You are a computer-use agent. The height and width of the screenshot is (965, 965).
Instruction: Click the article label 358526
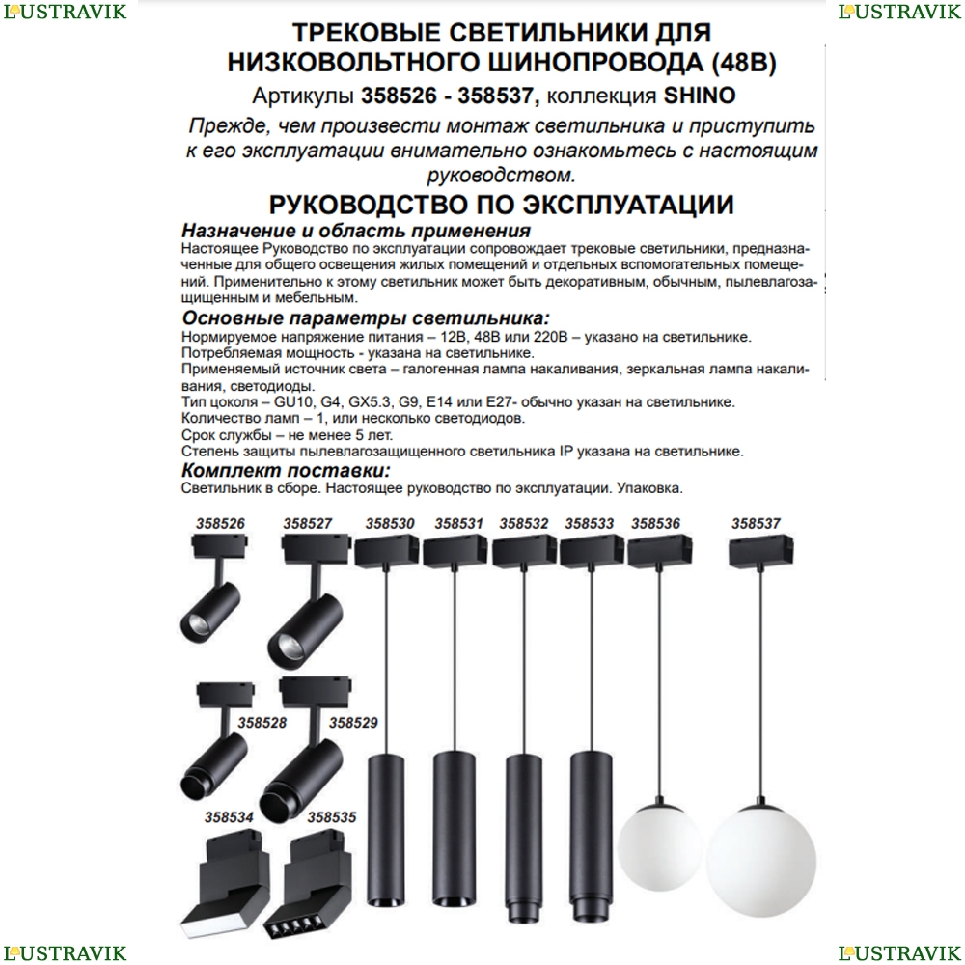tap(220, 524)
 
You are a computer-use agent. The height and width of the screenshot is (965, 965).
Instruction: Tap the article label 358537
tap(756, 524)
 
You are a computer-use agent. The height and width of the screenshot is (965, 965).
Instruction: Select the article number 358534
tap(229, 817)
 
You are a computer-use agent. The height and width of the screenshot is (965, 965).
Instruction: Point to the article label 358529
tap(353, 723)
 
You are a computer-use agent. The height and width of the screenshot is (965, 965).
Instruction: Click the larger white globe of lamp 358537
tap(761, 861)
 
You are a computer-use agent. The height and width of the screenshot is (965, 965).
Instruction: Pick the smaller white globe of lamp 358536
tap(659, 847)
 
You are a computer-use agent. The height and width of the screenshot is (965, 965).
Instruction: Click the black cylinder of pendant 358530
tap(387, 830)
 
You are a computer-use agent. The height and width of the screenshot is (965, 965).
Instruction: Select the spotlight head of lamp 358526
tap(209, 613)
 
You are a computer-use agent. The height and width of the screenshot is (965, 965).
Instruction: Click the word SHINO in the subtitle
tap(699, 96)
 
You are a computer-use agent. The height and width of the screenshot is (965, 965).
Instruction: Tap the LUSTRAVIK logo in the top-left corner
tap(65, 12)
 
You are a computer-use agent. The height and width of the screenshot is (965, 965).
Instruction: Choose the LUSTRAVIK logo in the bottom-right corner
tap(899, 953)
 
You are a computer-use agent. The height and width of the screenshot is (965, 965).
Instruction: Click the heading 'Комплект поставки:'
tap(287, 471)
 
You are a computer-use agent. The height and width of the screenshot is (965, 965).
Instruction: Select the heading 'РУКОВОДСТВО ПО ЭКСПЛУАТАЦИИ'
tap(502, 205)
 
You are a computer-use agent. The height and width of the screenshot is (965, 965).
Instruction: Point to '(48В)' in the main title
tap(743, 62)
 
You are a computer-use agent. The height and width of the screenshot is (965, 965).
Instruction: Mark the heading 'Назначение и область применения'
tap(356, 231)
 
